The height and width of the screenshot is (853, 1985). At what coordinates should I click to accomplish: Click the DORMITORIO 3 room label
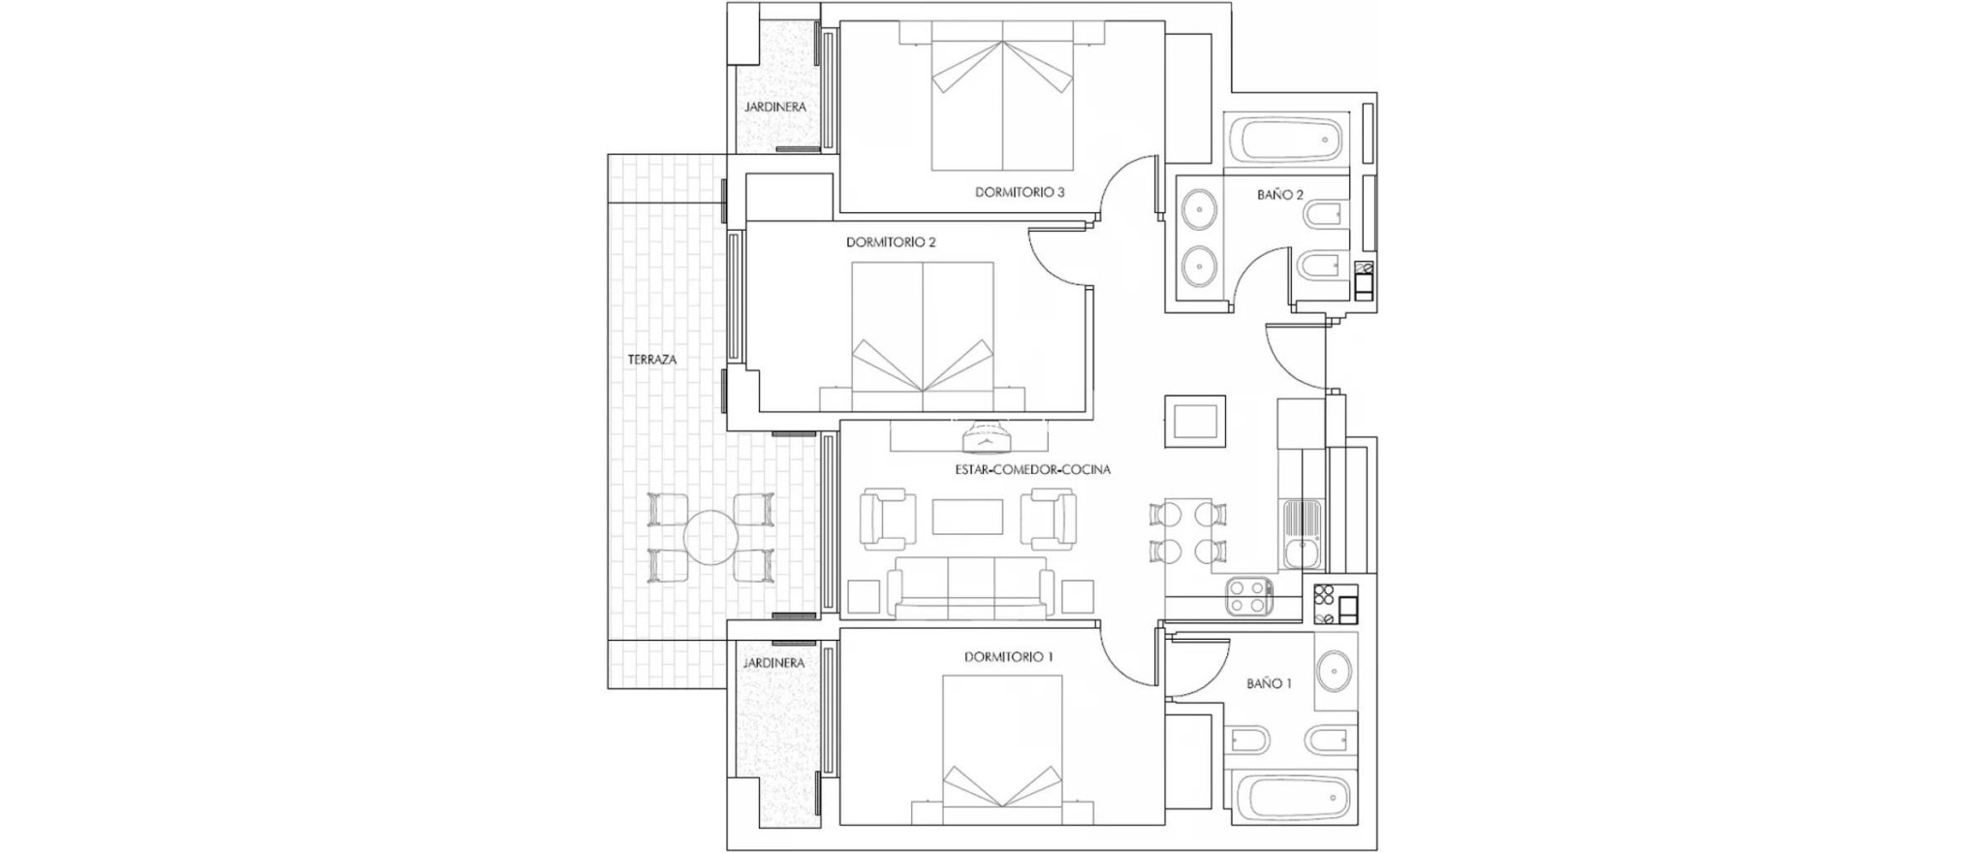coord(1020,193)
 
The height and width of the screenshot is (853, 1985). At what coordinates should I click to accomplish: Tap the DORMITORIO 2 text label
coord(891,242)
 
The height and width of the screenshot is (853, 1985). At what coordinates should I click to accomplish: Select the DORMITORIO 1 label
coord(1008,657)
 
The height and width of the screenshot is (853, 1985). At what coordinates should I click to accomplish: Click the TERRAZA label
coord(652,360)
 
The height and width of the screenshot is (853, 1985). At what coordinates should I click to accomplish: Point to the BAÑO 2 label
coord(1279,195)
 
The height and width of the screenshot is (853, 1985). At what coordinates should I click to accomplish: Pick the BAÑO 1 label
coord(1269,683)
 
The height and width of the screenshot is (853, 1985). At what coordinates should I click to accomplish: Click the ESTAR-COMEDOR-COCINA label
coord(1031,470)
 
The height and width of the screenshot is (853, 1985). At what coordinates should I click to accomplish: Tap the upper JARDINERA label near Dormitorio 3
coord(775,108)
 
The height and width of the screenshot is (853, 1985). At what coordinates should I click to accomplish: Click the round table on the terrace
coord(710,538)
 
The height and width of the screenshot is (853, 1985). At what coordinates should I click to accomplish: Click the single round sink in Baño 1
coord(1335,670)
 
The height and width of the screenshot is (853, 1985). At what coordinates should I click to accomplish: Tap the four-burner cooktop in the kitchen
coord(1249,596)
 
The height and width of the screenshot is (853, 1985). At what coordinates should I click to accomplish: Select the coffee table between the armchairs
coord(967,517)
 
